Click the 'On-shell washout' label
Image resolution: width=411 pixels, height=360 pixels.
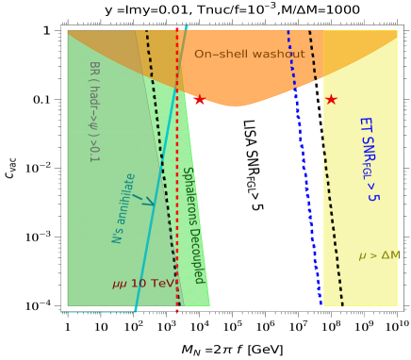pyautogui.click(x=250, y=55)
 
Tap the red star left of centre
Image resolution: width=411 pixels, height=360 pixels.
pyautogui.click(x=199, y=100)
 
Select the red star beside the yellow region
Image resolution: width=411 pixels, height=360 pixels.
pyautogui.click(x=331, y=99)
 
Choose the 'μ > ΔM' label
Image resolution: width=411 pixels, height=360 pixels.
pyautogui.click(x=379, y=255)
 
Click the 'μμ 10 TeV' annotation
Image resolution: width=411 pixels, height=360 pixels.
pyautogui.click(x=142, y=284)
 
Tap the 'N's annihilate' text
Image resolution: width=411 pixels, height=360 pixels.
pyautogui.click(x=124, y=208)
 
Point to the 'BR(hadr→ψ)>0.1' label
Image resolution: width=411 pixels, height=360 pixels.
pyautogui.click(x=93, y=111)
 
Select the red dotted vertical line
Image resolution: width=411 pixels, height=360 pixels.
pyautogui.click(x=176, y=170)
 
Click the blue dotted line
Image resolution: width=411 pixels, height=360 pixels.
pyautogui.click(x=304, y=170)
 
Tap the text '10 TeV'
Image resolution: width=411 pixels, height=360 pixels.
pyautogui.click(x=152, y=284)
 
